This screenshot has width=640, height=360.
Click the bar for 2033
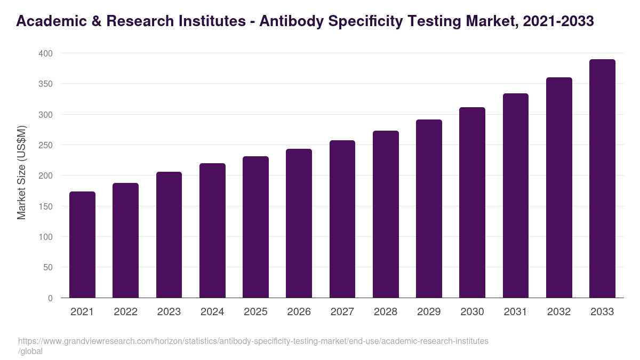[x=602, y=179]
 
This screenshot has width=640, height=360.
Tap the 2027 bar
[x=342, y=219]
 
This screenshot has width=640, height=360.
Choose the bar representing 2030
[x=472, y=203]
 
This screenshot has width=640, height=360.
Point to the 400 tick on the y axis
[x=46, y=53]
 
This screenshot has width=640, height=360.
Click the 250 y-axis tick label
[x=46, y=145]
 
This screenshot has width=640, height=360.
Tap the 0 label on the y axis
[x=50, y=298]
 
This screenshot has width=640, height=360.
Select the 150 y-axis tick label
[x=46, y=206]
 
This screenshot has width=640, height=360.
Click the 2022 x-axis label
[x=125, y=312]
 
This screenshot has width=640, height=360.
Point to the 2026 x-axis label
[x=299, y=312]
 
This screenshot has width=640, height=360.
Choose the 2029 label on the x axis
[x=429, y=312]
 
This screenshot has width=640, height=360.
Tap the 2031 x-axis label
[x=516, y=312]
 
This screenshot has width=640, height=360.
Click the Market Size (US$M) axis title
[x=21, y=172]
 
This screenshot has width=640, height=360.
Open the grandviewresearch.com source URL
[x=253, y=341]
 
